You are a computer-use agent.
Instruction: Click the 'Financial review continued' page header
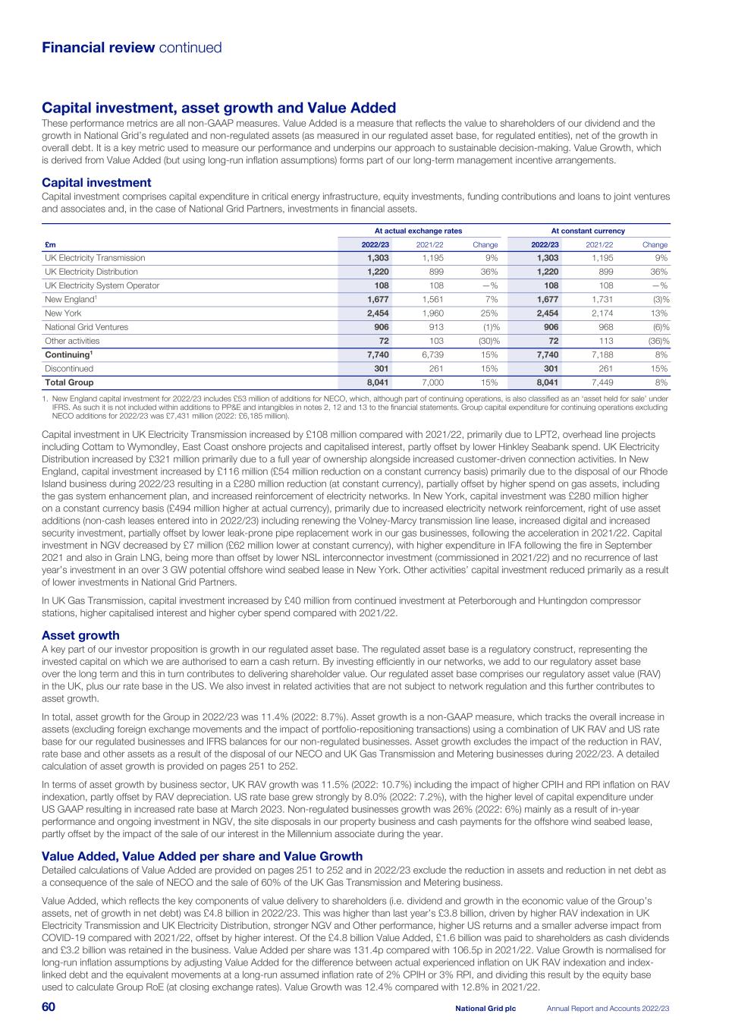[x=131, y=48]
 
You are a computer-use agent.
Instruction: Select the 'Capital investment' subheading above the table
[x=96, y=183]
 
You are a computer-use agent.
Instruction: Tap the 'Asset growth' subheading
[x=80, y=635]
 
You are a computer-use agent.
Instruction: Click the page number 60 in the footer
[x=49, y=1007]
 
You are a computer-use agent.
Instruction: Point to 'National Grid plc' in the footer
[x=485, y=1008]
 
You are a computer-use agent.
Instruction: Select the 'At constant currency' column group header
[x=588, y=231]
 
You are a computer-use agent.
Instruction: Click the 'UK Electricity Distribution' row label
[x=91, y=272]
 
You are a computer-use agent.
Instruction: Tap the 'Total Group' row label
[x=69, y=383]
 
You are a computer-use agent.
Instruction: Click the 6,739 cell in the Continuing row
[x=430, y=355]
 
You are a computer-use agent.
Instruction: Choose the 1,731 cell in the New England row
[x=600, y=300]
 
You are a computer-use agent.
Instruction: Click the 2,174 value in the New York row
[x=600, y=313]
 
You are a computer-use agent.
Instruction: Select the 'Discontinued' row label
[x=69, y=369]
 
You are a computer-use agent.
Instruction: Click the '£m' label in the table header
[x=49, y=244]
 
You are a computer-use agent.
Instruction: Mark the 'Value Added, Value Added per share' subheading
[x=202, y=856]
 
